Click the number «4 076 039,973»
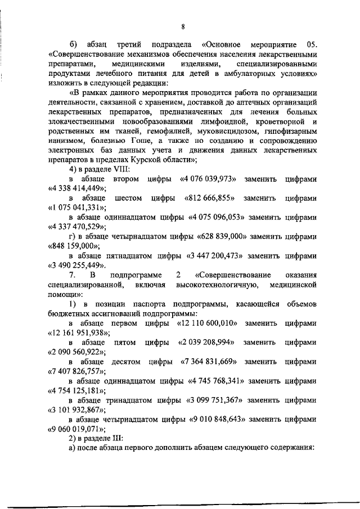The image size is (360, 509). [x=208, y=179]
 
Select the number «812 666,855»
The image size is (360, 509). [x=209, y=199]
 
